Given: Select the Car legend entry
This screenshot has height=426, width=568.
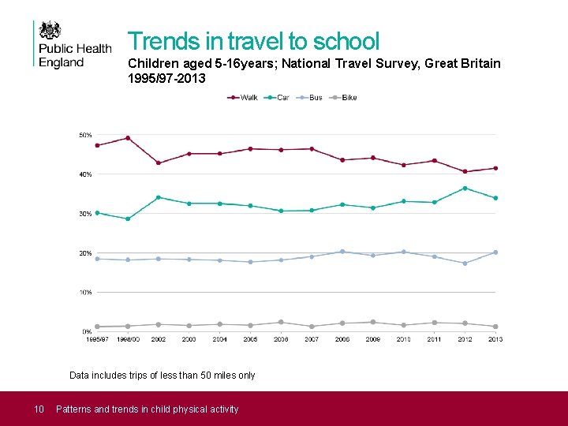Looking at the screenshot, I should click(x=277, y=98).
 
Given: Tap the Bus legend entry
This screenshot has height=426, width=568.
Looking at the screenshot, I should click(x=310, y=98).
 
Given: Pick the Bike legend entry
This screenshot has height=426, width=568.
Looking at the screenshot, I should click(x=343, y=98).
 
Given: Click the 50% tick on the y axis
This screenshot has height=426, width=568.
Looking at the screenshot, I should click(x=85, y=135).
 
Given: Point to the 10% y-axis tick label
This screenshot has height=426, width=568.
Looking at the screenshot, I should click(x=85, y=292).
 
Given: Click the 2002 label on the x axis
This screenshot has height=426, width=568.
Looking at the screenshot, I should click(x=159, y=339).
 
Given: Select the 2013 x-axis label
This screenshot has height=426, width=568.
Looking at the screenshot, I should click(x=495, y=339).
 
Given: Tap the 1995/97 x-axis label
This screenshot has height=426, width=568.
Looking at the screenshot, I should click(x=97, y=339).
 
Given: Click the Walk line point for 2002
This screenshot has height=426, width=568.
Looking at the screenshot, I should click(x=159, y=163).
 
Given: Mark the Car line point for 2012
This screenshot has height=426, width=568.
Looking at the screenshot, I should click(x=465, y=188).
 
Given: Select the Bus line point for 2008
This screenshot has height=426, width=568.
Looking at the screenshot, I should click(x=342, y=252).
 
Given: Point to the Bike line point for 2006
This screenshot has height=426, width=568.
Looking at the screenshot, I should click(x=281, y=322).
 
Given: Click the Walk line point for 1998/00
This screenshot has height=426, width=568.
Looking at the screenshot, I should click(x=128, y=138).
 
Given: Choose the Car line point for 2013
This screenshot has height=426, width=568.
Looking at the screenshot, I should click(x=495, y=198).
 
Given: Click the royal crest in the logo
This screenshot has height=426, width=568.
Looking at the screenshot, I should click(x=50, y=31).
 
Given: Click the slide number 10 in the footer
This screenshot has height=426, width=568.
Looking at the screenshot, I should click(x=37, y=409).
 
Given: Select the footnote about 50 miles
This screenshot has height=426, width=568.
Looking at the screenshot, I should click(x=163, y=376).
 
